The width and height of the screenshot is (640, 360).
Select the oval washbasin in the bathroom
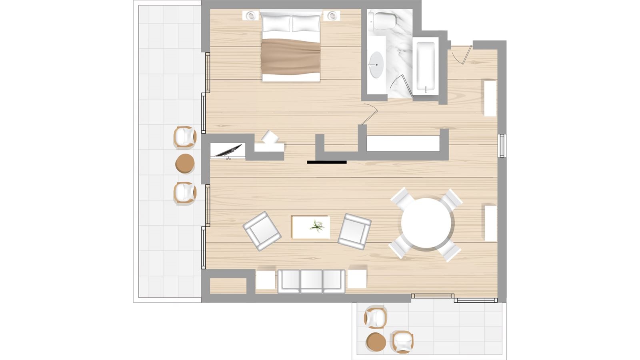click(376, 64)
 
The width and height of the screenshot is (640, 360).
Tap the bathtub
click(425, 66)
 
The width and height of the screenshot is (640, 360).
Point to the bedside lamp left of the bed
click(251, 16)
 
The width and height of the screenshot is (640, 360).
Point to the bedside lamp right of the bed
click(332, 16)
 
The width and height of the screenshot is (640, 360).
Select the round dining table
click(426, 223)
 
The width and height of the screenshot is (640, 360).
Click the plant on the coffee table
click(317, 227)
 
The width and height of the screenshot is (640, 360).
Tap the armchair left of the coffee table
click(262, 231)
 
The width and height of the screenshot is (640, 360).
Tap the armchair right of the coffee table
click(354, 231)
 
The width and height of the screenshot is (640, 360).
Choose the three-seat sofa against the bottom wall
click(311, 281)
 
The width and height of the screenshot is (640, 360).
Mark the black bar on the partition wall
click(327, 162)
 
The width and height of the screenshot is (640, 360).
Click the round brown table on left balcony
click(185, 164)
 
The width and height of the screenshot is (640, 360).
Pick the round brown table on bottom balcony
click(376, 342)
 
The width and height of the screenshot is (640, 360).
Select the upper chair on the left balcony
click(185, 137)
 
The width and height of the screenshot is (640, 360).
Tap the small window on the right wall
click(502, 146)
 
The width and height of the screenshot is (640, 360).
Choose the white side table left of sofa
click(265, 280)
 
